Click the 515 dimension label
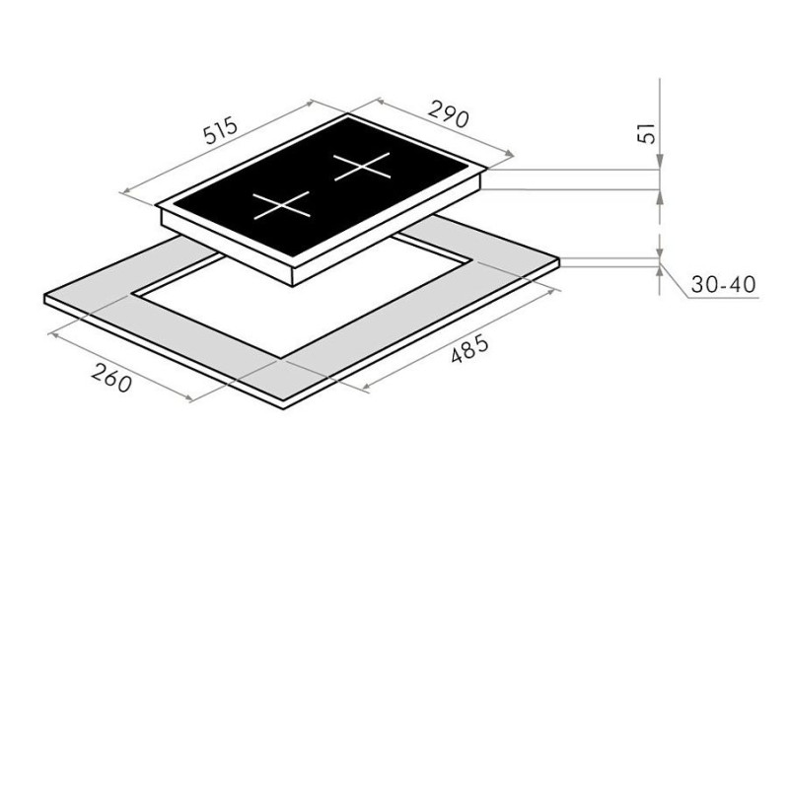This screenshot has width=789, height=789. (220, 130)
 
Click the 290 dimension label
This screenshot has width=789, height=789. (449, 113)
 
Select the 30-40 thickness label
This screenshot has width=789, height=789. (723, 284)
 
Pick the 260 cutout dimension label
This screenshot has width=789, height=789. (111, 378)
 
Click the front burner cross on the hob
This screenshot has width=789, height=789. (281, 205)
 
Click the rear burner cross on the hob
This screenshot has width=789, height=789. (362, 166)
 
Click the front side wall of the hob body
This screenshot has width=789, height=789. (227, 247)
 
